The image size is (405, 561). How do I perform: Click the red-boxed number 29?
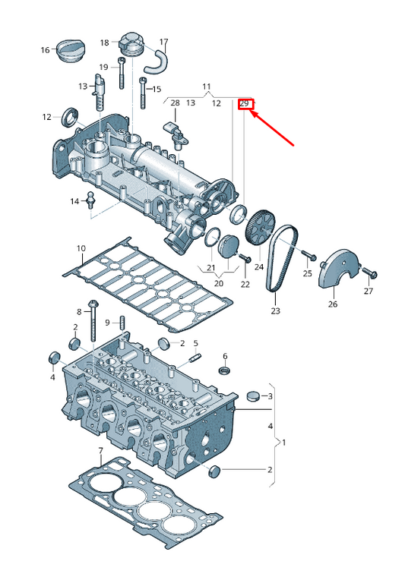245,102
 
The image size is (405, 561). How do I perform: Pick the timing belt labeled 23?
281,258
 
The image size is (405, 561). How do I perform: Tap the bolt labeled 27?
370,272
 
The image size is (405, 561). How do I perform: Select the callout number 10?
81,248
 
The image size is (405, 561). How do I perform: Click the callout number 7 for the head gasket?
100,451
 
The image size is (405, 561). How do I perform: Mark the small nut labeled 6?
225,370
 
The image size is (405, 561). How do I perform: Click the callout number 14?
74,201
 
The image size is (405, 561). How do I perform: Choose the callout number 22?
245,284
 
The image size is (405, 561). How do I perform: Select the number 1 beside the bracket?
284,441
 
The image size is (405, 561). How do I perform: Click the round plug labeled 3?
253,396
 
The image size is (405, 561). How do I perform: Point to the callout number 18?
105,42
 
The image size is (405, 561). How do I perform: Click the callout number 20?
219,283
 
